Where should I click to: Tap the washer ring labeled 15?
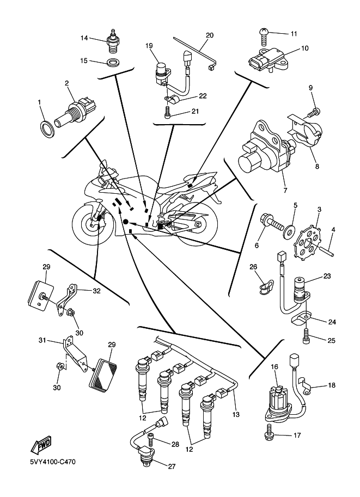113,63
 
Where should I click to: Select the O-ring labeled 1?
48,128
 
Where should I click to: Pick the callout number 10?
305,48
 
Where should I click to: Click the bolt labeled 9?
313,113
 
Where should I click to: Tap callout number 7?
285,191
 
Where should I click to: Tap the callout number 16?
275,368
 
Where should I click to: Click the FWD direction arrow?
40,447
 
